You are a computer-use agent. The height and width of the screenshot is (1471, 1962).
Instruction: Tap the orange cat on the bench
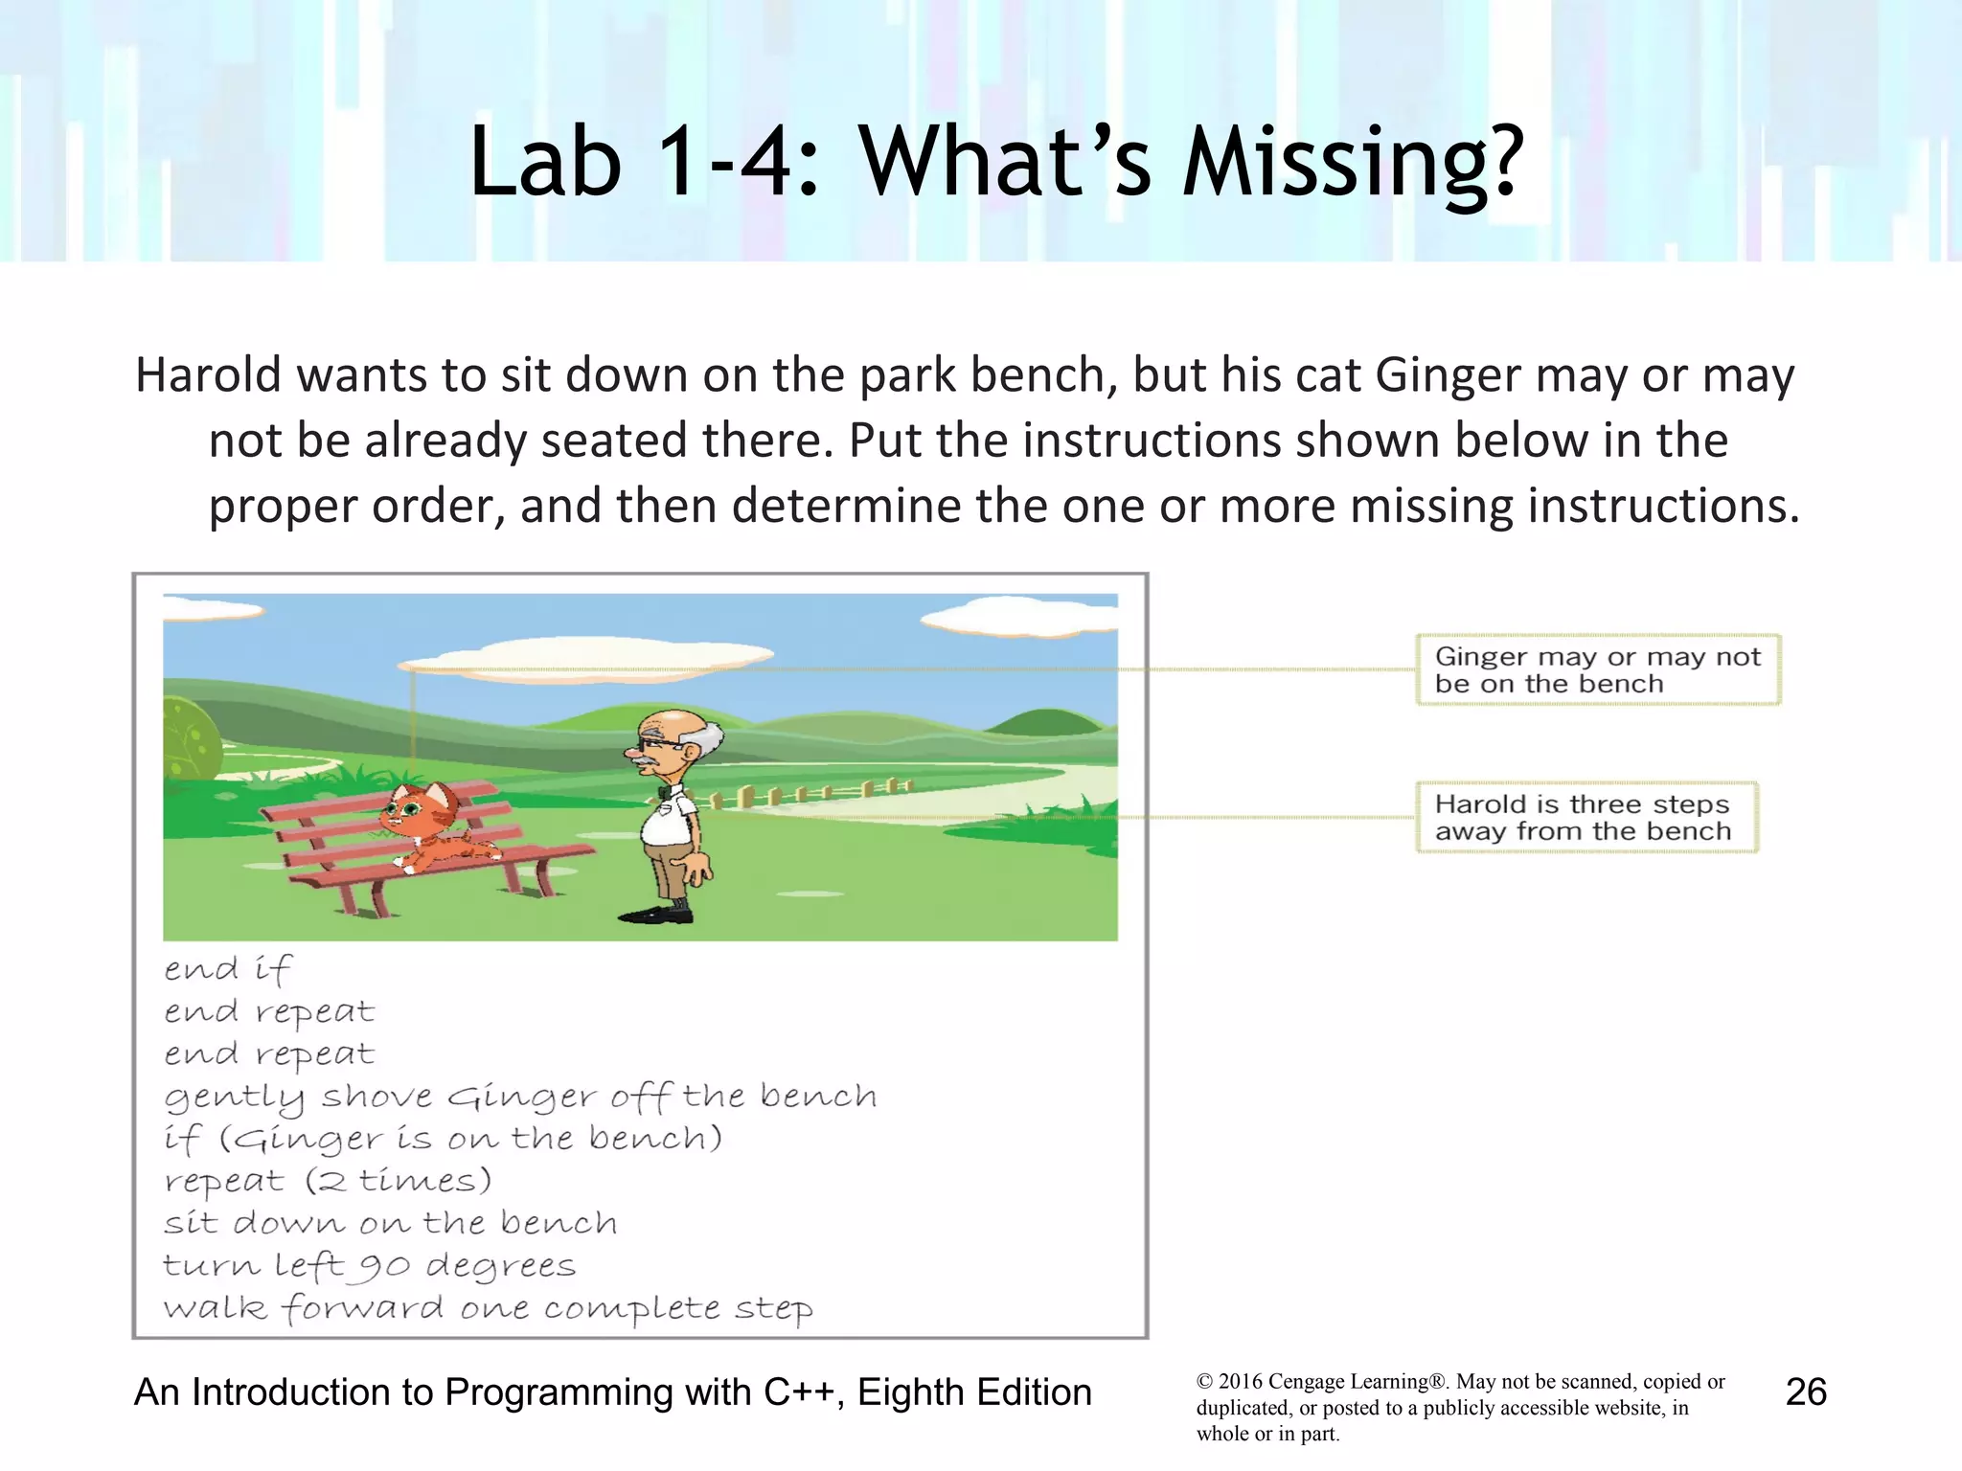point(431,826)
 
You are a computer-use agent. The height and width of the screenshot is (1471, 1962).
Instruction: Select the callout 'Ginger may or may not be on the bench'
point(1597,670)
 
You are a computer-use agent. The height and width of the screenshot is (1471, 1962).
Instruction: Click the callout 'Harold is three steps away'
point(1586,818)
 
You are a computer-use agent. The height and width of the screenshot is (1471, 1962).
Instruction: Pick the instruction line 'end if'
point(227,969)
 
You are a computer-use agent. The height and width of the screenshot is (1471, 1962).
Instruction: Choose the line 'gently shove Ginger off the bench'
point(520,1097)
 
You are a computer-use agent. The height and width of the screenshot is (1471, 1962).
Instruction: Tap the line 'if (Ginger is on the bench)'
point(443,1139)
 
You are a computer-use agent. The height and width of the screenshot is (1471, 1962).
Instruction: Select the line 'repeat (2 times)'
point(327,1181)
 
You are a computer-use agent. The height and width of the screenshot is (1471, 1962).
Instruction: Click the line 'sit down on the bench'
point(390,1223)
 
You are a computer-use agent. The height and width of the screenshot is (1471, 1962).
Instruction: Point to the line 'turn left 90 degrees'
point(369,1266)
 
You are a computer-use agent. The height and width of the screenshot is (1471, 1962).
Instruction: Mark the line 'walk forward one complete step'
point(488,1308)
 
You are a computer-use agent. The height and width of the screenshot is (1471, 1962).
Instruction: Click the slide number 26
point(1806,1392)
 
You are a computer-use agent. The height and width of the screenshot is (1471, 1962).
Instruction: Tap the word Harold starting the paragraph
point(208,375)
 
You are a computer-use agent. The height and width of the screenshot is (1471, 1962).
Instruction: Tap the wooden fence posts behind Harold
point(805,792)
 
